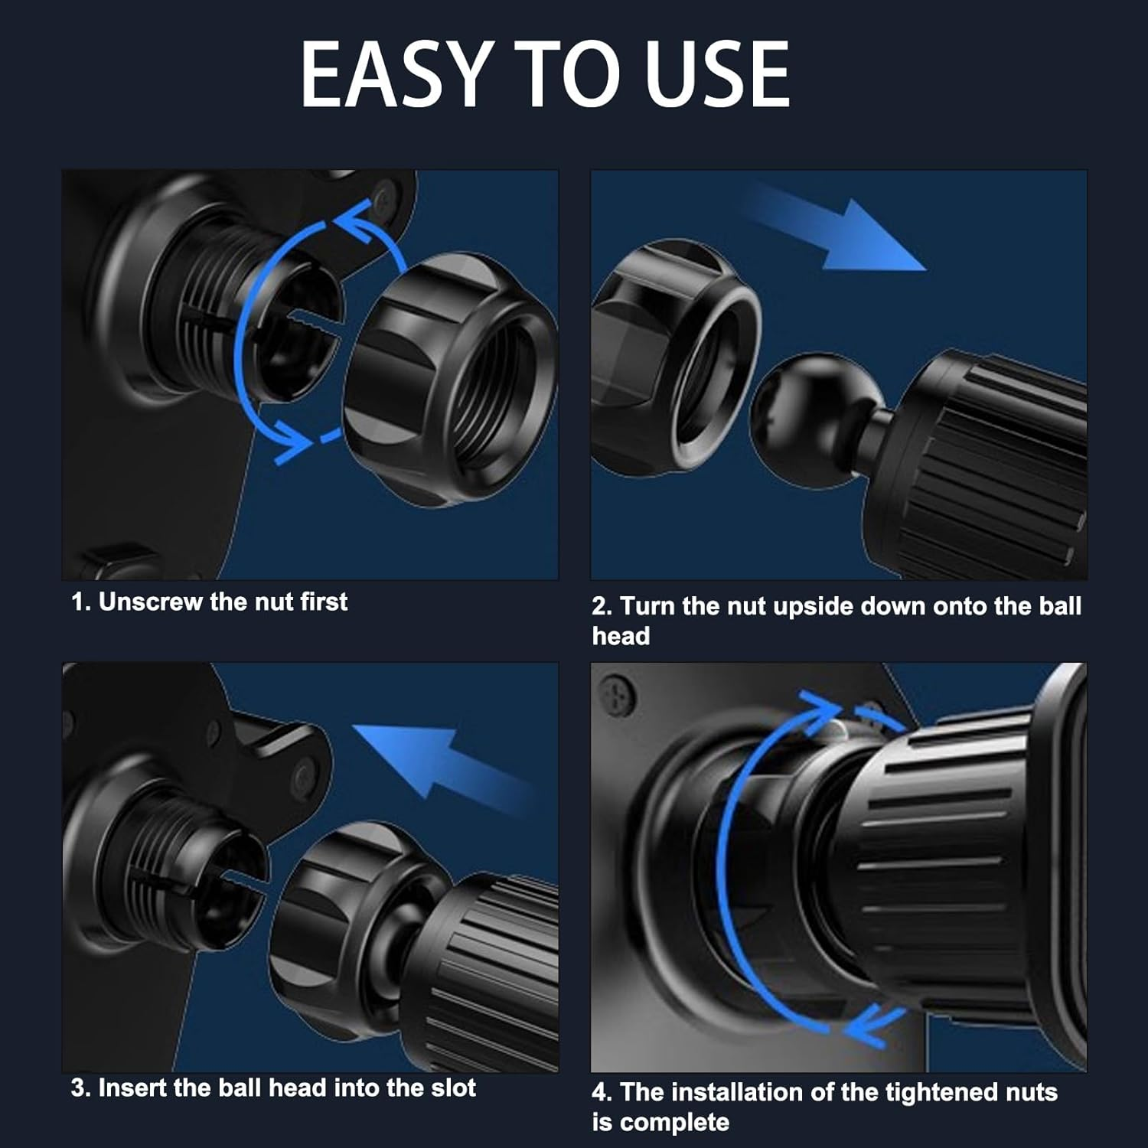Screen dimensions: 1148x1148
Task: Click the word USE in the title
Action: click(x=717, y=74)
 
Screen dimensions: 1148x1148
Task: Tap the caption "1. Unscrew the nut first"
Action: click(x=209, y=602)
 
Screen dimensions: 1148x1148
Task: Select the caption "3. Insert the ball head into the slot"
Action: click(x=273, y=1088)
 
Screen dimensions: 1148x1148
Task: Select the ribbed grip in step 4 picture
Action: click(x=941, y=865)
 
